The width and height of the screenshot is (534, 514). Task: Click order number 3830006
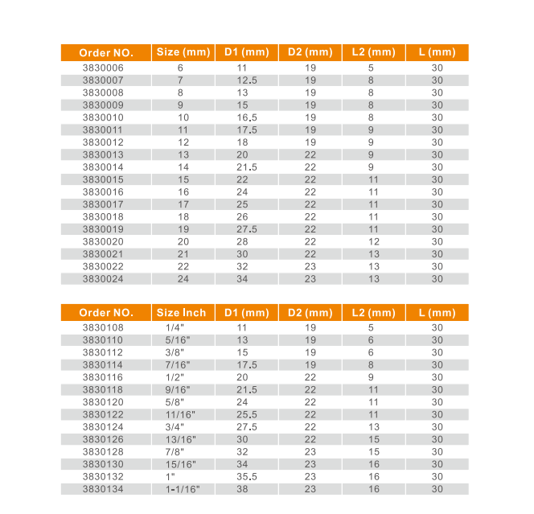103,68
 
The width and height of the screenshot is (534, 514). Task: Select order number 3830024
103,279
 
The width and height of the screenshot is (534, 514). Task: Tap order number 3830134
103,489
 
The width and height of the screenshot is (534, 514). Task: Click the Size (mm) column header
182,52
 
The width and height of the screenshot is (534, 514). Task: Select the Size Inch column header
182,313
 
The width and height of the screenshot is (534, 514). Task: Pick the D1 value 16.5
246,117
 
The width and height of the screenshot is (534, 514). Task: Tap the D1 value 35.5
246,476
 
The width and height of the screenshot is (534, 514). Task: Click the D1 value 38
246,489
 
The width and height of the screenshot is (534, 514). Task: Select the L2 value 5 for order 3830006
372,68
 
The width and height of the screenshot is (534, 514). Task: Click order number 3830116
103,377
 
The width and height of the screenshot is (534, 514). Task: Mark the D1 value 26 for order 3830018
246,217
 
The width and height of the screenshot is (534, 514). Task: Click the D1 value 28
246,241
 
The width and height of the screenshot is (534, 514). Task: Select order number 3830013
103,155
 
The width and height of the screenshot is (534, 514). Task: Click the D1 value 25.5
246,414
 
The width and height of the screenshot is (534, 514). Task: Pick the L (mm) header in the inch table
437,313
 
